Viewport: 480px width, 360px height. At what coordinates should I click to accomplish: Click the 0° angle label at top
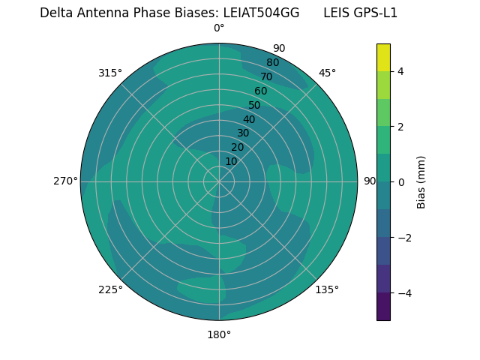click(x=219, y=28)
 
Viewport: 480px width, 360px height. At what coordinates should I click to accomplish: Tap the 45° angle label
click(x=327, y=73)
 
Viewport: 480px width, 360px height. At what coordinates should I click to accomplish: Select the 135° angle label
click(x=327, y=289)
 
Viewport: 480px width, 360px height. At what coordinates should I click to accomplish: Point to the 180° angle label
click(x=219, y=334)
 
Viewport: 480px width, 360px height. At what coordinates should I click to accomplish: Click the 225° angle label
click(x=110, y=289)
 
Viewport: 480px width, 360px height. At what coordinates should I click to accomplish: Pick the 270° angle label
click(x=65, y=181)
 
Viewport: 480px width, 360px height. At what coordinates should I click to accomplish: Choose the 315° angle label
click(x=110, y=73)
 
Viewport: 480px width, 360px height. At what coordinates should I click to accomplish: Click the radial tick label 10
click(x=231, y=161)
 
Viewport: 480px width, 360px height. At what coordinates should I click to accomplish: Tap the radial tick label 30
click(x=243, y=133)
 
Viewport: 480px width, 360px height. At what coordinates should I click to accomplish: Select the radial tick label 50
click(x=254, y=105)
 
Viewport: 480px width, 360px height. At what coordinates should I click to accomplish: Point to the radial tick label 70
click(x=266, y=76)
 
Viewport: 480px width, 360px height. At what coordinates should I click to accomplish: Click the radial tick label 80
click(x=272, y=62)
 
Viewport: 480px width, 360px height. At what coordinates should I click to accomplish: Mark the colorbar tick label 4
click(x=401, y=71)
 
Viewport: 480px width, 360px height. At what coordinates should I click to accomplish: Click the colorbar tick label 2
click(x=401, y=127)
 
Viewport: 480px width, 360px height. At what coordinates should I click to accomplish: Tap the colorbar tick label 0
click(x=401, y=182)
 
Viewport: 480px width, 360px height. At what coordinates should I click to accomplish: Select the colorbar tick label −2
click(x=403, y=238)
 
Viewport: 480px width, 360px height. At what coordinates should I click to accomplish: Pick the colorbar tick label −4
click(x=403, y=293)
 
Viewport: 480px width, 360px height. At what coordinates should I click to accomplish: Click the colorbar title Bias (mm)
click(x=421, y=182)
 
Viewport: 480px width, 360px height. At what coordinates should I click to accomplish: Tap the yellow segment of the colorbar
click(x=383, y=57)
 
